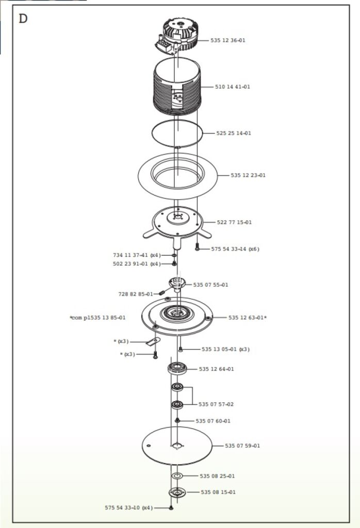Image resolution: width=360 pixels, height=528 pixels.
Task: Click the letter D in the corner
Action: click(x=23, y=19)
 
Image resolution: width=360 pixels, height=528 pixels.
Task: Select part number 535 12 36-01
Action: click(x=227, y=40)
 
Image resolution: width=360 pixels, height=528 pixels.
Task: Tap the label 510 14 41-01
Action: click(x=233, y=87)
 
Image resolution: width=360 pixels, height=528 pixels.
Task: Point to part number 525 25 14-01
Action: click(x=234, y=133)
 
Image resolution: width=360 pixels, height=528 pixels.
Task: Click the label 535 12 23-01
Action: click(x=248, y=175)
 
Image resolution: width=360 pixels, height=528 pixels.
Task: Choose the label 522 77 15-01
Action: click(x=234, y=222)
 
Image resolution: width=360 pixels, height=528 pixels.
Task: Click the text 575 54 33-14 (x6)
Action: click(x=235, y=249)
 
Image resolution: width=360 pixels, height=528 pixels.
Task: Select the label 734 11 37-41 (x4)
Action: click(x=137, y=255)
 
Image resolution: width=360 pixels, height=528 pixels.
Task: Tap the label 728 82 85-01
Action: click(x=135, y=294)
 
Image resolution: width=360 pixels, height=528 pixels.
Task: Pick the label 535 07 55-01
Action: click(x=210, y=285)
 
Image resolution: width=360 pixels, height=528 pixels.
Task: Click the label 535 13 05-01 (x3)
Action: click(x=225, y=349)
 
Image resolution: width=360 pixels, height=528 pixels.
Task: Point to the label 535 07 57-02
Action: click(x=216, y=404)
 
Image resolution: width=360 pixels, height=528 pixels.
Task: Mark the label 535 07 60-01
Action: click(x=213, y=421)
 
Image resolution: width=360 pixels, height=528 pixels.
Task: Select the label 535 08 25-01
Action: click(x=217, y=476)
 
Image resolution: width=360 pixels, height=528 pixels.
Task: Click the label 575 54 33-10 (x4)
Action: click(x=129, y=508)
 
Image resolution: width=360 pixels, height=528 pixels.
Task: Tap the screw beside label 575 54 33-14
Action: click(x=197, y=247)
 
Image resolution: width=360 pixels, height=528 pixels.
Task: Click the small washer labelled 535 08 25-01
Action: click(x=176, y=475)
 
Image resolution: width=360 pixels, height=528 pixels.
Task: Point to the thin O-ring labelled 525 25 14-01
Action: click(x=177, y=134)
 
